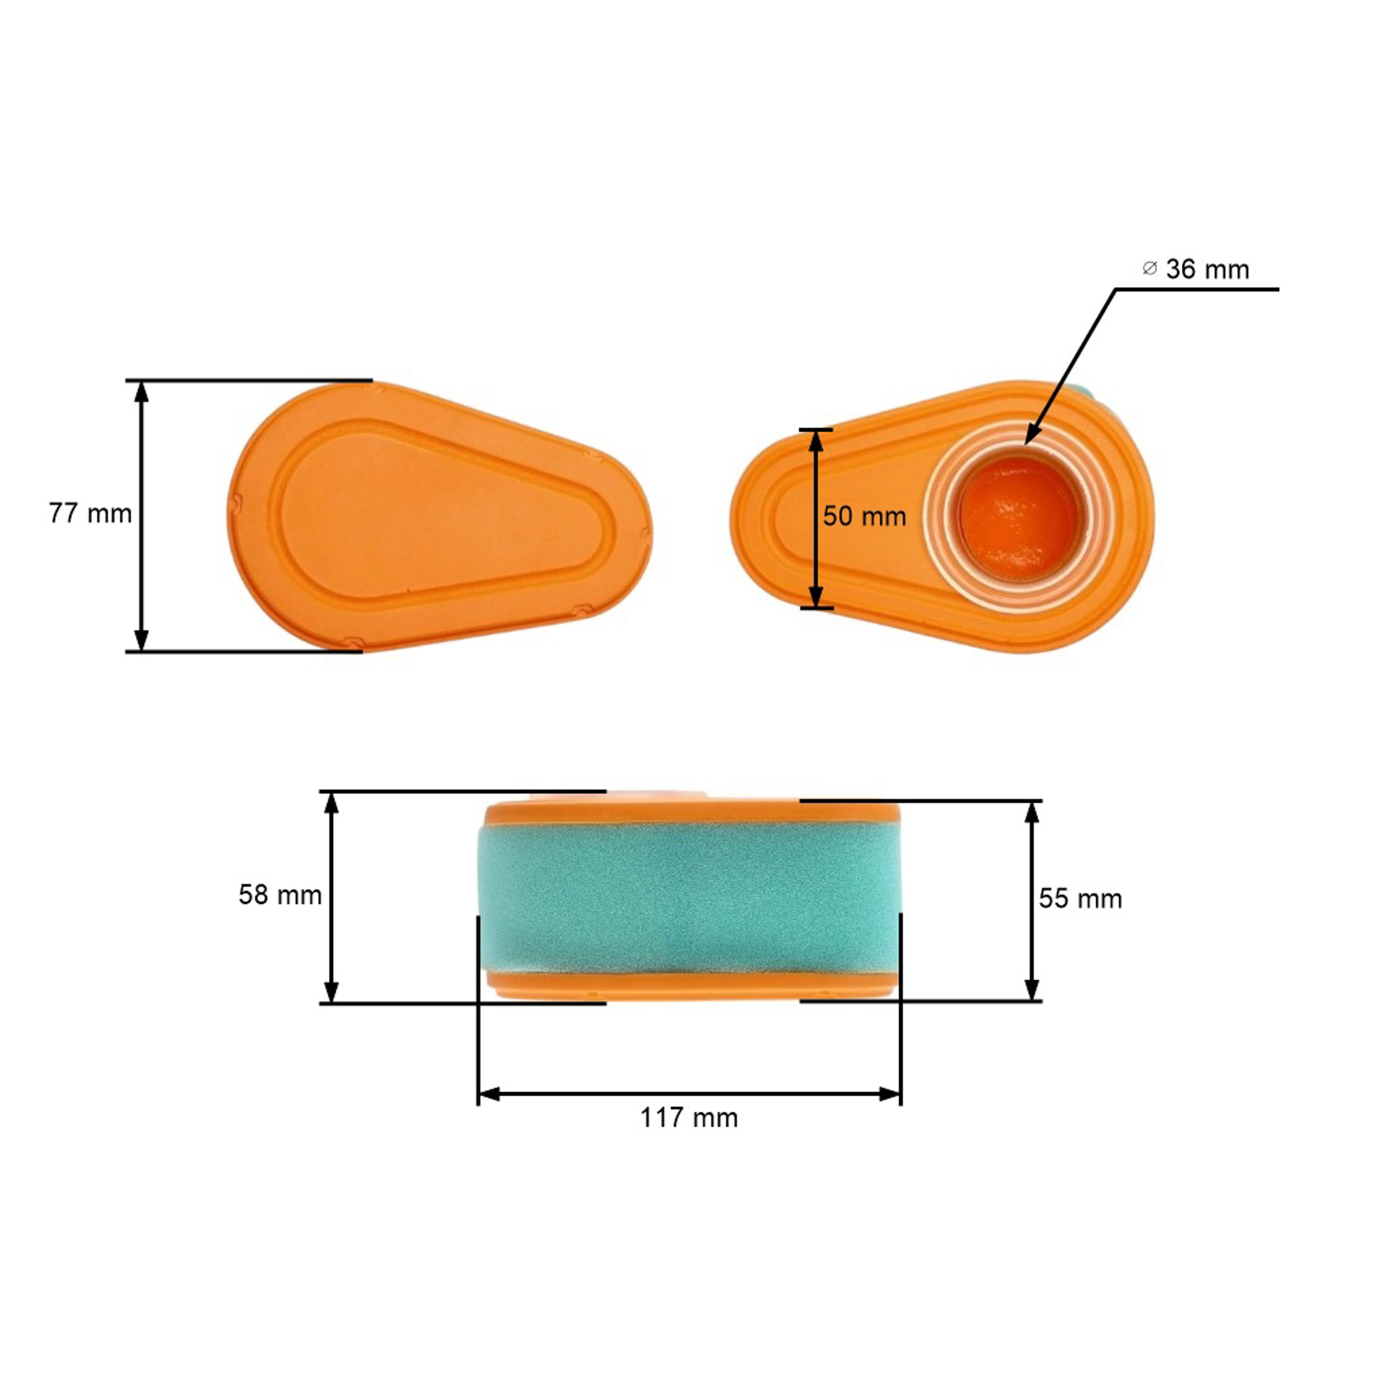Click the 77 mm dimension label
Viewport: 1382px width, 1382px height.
click(90, 514)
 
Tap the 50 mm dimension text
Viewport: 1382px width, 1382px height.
click(864, 516)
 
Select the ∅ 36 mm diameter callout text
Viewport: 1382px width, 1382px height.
click(1196, 269)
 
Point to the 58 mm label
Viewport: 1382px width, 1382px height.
click(280, 895)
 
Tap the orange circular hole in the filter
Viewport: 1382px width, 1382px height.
click(1018, 517)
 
